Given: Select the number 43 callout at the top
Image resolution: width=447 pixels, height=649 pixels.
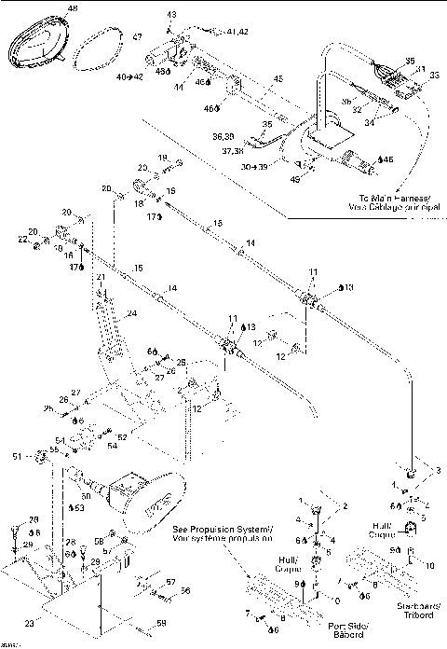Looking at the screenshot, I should [x=171, y=16].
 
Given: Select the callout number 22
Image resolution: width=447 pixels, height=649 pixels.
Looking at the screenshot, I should [x=22, y=240].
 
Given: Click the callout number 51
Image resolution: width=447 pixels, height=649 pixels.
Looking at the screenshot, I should [x=40, y=455].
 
